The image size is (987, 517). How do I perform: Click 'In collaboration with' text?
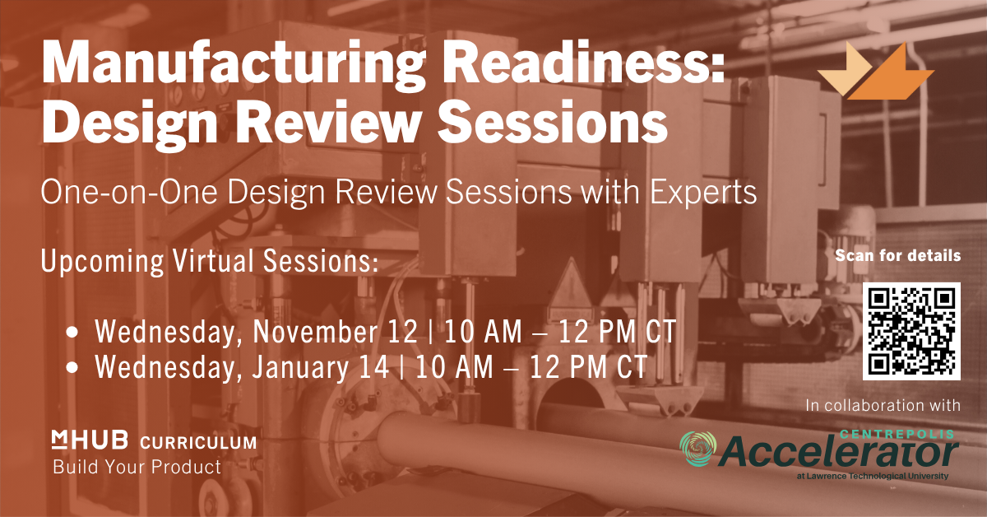pyautogui.click(x=883, y=405)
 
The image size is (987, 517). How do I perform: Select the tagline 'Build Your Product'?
pyautogui.click(x=137, y=467)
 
